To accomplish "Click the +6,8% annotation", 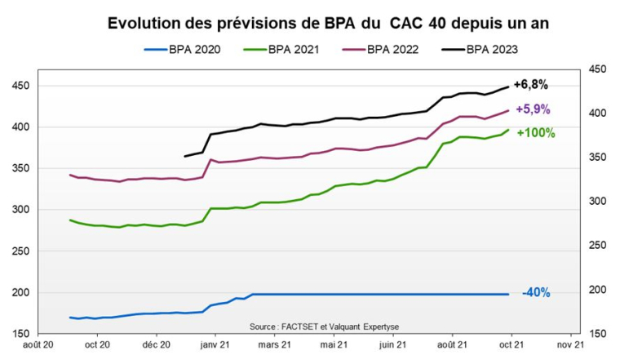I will tap(530, 84).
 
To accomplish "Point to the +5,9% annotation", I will tap(533, 109).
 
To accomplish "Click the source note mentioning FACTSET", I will tap(325, 327).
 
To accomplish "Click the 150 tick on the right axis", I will tap(599, 334).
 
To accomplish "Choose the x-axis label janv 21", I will tap(215, 346).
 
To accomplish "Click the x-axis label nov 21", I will tap(570, 346).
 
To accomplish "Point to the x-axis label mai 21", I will tap(334, 346).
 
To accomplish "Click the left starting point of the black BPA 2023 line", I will tap(185, 156).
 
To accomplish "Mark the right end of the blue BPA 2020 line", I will tap(509, 294).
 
